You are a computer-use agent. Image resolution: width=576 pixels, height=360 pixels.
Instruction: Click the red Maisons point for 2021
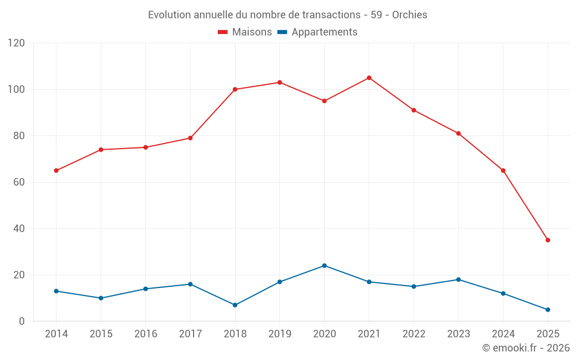coord(369,78)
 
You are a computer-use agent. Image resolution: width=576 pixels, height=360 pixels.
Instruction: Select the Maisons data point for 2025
coord(548,240)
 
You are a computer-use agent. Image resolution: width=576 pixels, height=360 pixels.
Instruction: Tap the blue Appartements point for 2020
coord(324,266)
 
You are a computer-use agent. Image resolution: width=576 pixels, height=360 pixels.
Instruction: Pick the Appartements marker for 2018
coord(235,305)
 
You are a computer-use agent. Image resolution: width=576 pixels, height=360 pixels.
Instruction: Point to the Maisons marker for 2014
coord(56,170)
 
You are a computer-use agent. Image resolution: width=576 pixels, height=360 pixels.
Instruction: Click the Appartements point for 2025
coord(548,309)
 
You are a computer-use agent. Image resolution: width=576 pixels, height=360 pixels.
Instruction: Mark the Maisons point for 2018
coord(235,89)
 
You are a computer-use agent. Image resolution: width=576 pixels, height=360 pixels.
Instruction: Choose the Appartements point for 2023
coord(458,279)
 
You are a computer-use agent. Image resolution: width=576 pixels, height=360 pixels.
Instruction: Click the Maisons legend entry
coord(245,32)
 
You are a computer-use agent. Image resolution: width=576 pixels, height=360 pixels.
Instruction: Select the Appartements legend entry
coord(317,32)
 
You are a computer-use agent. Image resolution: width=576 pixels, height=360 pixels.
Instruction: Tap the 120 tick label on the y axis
coord(17,43)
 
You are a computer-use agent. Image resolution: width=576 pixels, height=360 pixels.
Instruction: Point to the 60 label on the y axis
coord(20,182)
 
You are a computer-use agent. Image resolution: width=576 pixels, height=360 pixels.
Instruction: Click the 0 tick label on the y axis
coord(22,321)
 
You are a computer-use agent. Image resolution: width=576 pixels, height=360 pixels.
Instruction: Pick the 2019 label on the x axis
coord(279,334)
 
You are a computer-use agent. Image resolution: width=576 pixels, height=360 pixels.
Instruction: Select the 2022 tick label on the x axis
coord(414,334)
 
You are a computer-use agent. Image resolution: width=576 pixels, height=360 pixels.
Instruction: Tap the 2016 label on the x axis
coord(146,334)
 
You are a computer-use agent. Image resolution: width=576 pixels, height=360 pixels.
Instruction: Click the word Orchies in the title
coord(410,15)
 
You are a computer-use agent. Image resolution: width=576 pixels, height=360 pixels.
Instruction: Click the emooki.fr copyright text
coord(525,348)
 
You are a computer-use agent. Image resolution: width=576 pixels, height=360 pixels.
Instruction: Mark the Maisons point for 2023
coord(458,133)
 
